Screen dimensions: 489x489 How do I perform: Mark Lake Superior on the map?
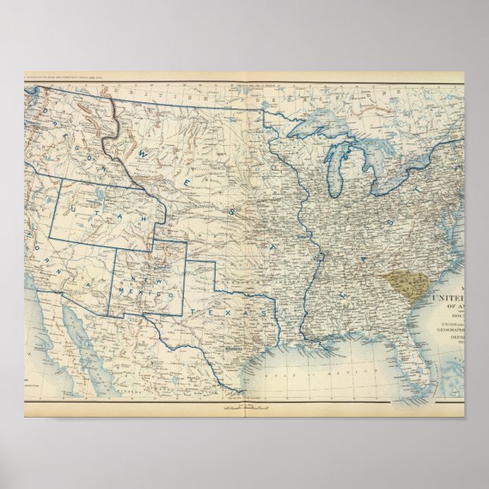pyautogui.click(x=319, y=129)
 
